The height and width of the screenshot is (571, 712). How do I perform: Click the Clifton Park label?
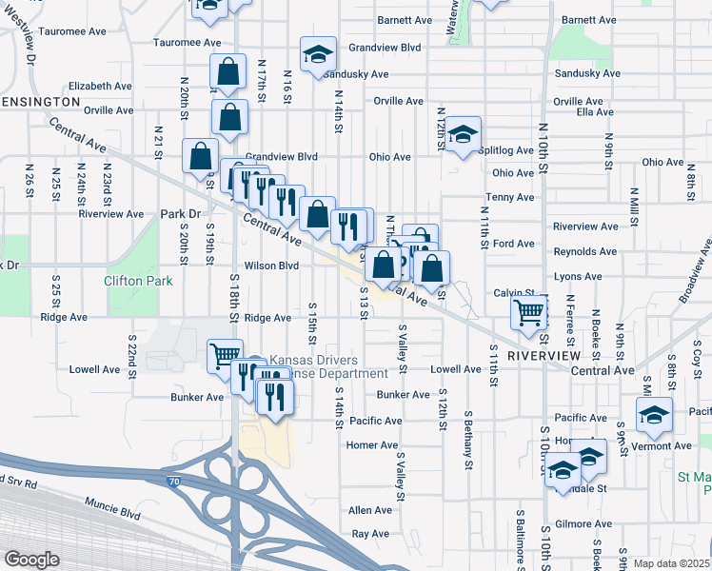pyautogui.click(x=138, y=282)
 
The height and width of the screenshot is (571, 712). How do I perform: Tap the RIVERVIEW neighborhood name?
pyautogui.click(x=543, y=355)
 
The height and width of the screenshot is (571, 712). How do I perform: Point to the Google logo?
pyautogui.click(x=31, y=560)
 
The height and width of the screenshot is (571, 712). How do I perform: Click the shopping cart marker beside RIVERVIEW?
pyautogui.click(x=528, y=310)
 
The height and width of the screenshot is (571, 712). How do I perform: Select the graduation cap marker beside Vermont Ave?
pyautogui.click(x=654, y=414)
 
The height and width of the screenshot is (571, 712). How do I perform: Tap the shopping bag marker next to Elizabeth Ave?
pyautogui.click(x=229, y=71)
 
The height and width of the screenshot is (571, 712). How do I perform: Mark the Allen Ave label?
pyautogui.click(x=369, y=510)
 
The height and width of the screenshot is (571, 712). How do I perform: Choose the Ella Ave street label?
pyautogui.click(x=596, y=112)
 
